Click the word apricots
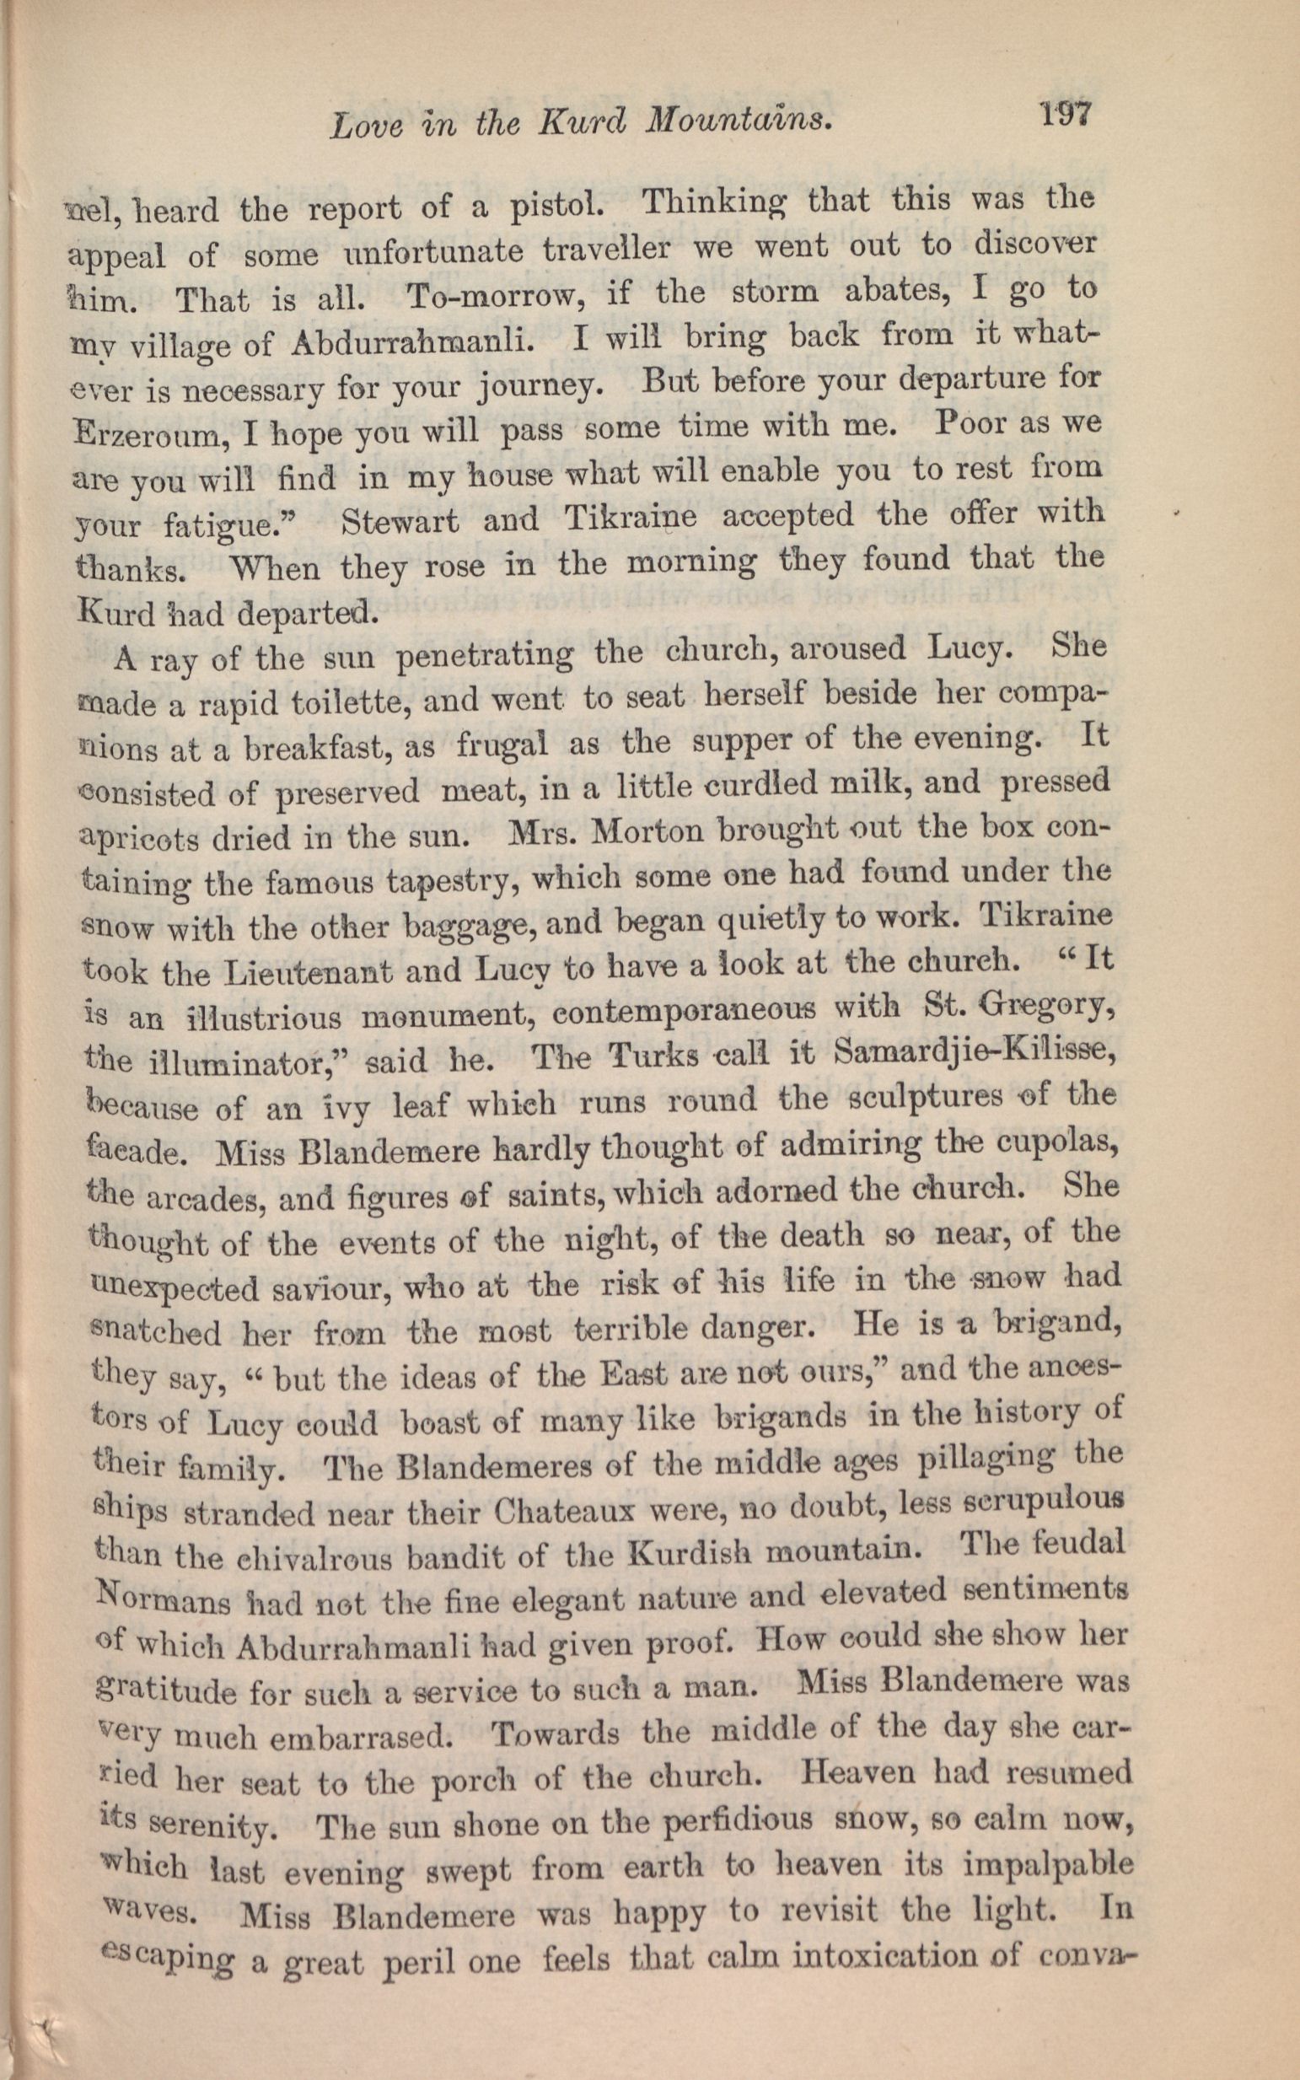click(133, 839)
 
